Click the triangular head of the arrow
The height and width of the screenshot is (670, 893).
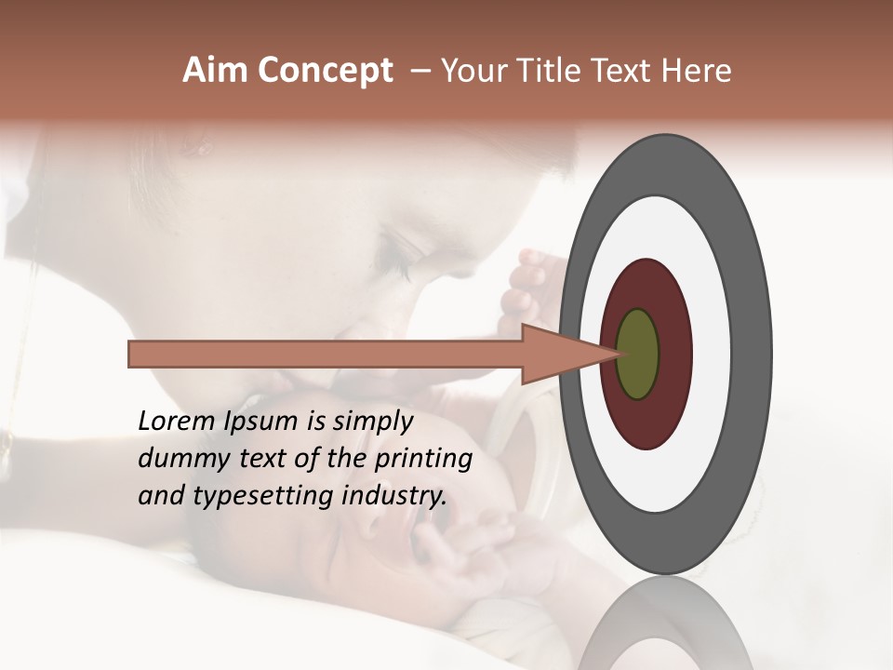click(558, 354)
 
